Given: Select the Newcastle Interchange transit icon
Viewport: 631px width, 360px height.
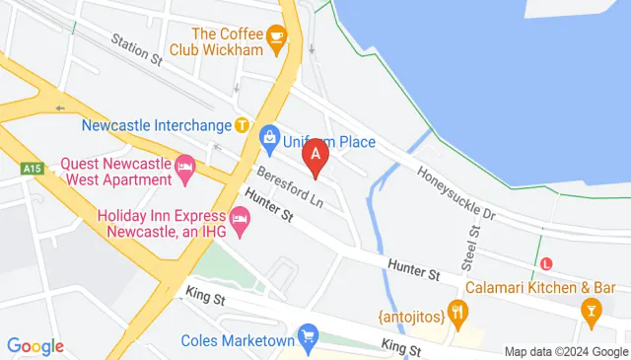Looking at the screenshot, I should [x=242, y=125].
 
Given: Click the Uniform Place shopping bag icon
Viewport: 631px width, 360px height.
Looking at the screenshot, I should [x=268, y=141].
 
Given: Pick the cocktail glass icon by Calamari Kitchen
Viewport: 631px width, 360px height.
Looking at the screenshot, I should [x=591, y=315].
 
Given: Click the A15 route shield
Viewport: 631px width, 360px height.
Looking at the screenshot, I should [x=31, y=170].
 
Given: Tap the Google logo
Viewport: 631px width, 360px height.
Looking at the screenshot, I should [x=35, y=346].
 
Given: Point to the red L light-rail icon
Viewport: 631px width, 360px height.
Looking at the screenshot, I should [x=548, y=263].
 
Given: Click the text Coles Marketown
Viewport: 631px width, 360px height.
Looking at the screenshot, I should [x=238, y=341].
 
